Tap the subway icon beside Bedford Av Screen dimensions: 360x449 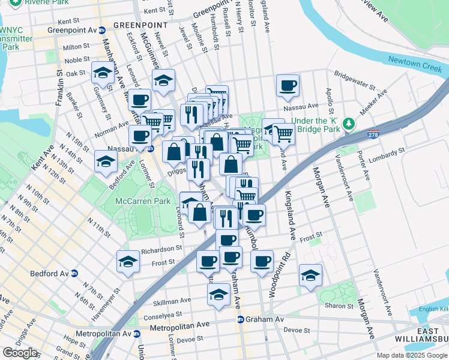click(x=74, y=273)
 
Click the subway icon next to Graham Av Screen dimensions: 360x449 click(x=240, y=320)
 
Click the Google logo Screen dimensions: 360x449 click(x=20, y=353)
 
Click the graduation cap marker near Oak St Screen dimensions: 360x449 click(x=103, y=74)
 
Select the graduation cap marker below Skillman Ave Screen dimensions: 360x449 click(x=219, y=295)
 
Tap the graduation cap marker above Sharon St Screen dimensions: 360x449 click(x=310, y=275)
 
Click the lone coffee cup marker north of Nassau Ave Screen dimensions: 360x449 click(x=288, y=85)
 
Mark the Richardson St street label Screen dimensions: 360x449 click(x=161, y=248)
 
